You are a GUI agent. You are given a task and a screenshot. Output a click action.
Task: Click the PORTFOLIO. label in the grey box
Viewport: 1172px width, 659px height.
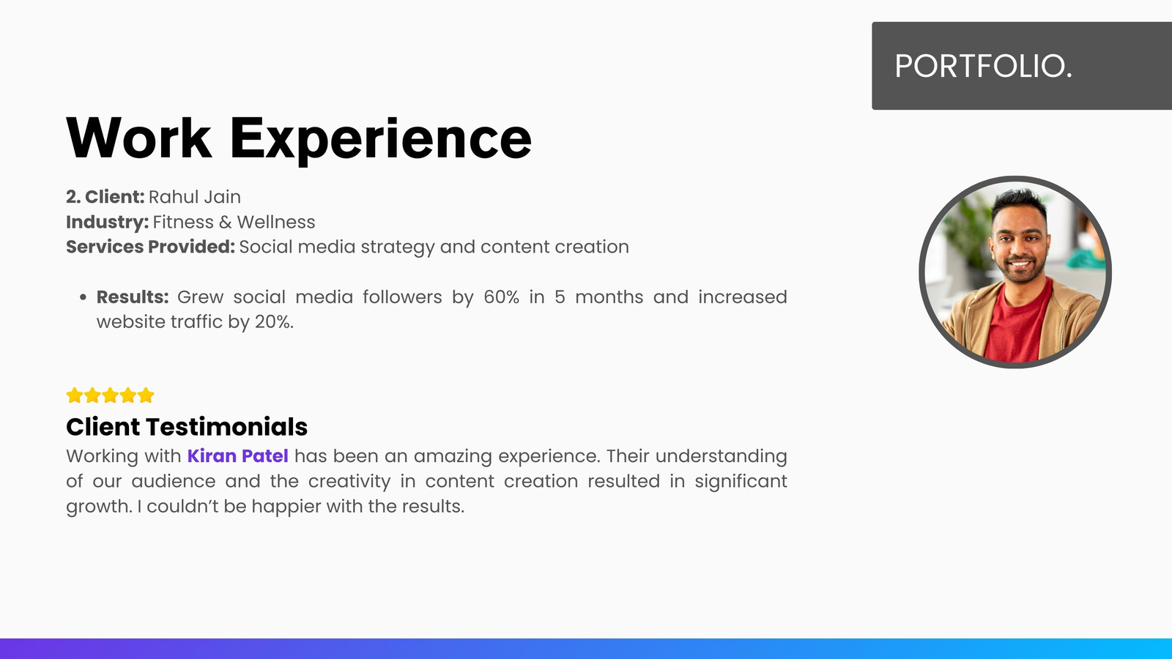click(x=983, y=66)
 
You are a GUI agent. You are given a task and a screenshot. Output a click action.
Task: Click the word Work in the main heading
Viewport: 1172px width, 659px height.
click(x=138, y=138)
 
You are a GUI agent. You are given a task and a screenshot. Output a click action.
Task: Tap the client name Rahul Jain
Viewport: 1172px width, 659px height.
click(x=195, y=197)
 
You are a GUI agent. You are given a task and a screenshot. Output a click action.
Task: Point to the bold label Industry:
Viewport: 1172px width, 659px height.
click(x=107, y=223)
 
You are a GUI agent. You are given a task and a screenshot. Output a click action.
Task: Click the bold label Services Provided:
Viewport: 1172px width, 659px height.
click(x=150, y=246)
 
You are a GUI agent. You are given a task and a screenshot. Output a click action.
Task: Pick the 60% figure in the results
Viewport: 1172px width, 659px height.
click(x=501, y=297)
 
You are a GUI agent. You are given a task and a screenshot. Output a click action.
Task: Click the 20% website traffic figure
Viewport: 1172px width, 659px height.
click(x=274, y=321)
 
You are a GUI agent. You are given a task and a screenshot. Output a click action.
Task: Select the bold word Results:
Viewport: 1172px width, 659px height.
click(x=133, y=297)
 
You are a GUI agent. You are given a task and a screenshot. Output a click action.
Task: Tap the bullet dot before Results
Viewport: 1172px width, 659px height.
click(x=83, y=297)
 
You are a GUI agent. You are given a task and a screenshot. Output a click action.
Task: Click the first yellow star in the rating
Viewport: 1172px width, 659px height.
click(x=75, y=395)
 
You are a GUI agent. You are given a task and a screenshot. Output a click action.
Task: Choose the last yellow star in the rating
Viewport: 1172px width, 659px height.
click(x=146, y=395)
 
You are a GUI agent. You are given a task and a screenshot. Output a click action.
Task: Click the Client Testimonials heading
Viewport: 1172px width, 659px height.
click(x=187, y=427)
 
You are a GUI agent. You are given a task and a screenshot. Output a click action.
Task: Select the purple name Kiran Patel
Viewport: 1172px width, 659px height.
click(x=237, y=455)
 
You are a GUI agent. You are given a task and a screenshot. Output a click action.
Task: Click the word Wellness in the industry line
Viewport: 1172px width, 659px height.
click(x=275, y=222)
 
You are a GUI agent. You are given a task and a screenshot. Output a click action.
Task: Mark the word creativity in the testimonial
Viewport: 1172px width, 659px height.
click(x=349, y=481)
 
